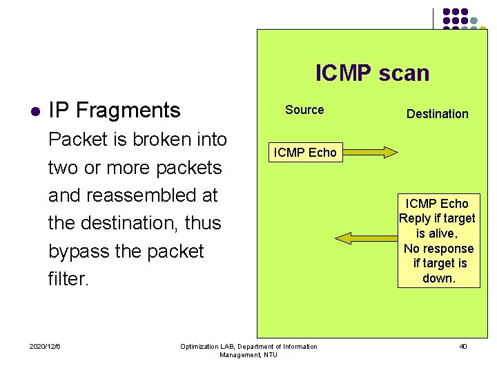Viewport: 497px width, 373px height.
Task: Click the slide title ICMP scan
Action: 372,73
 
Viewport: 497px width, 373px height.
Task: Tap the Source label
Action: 304,110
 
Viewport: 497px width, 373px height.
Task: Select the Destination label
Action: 437,114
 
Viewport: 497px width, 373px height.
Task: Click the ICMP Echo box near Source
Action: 305,153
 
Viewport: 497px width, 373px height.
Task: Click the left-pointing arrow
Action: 362,238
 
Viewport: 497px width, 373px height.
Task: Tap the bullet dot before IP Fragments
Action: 35,111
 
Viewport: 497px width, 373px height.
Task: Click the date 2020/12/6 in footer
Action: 45,346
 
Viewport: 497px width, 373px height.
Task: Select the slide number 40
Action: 462,346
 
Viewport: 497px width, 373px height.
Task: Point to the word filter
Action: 68,279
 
